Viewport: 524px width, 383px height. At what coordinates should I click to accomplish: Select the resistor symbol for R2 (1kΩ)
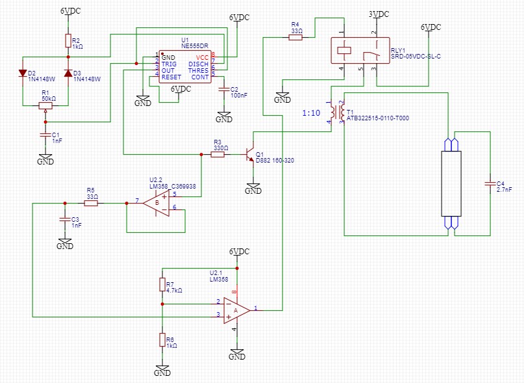click(x=68, y=41)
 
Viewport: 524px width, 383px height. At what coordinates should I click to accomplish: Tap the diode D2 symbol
click(x=23, y=72)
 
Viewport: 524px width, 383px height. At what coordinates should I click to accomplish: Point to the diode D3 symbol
click(x=68, y=72)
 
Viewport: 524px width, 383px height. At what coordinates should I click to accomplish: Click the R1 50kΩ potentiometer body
click(x=45, y=105)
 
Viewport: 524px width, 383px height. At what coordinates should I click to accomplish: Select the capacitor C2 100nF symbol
click(x=224, y=89)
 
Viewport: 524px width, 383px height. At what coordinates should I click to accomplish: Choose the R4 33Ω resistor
click(x=295, y=38)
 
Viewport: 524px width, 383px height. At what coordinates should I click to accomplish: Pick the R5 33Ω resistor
click(x=91, y=204)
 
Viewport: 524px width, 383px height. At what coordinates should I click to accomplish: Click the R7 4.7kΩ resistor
click(x=162, y=285)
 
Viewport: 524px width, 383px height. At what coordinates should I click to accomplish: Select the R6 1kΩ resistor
click(x=162, y=340)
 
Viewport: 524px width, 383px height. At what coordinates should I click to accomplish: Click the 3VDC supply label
click(x=379, y=14)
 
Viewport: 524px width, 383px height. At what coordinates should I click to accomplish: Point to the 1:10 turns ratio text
click(x=311, y=113)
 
